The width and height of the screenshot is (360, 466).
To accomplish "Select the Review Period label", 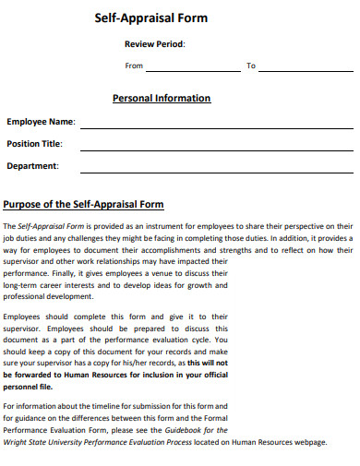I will (x=155, y=44).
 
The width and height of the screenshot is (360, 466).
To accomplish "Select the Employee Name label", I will (x=41, y=121).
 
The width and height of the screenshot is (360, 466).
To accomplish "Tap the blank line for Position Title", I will (x=215, y=148).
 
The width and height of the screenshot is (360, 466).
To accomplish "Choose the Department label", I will (x=33, y=166).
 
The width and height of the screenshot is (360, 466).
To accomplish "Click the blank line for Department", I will (x=215, y=171).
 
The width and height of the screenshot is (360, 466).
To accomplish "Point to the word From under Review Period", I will (x=134, y=66).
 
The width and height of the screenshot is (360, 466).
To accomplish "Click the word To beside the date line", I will (x=250, y=66).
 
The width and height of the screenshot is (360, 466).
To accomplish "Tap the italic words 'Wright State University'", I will (x=42, y=442).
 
